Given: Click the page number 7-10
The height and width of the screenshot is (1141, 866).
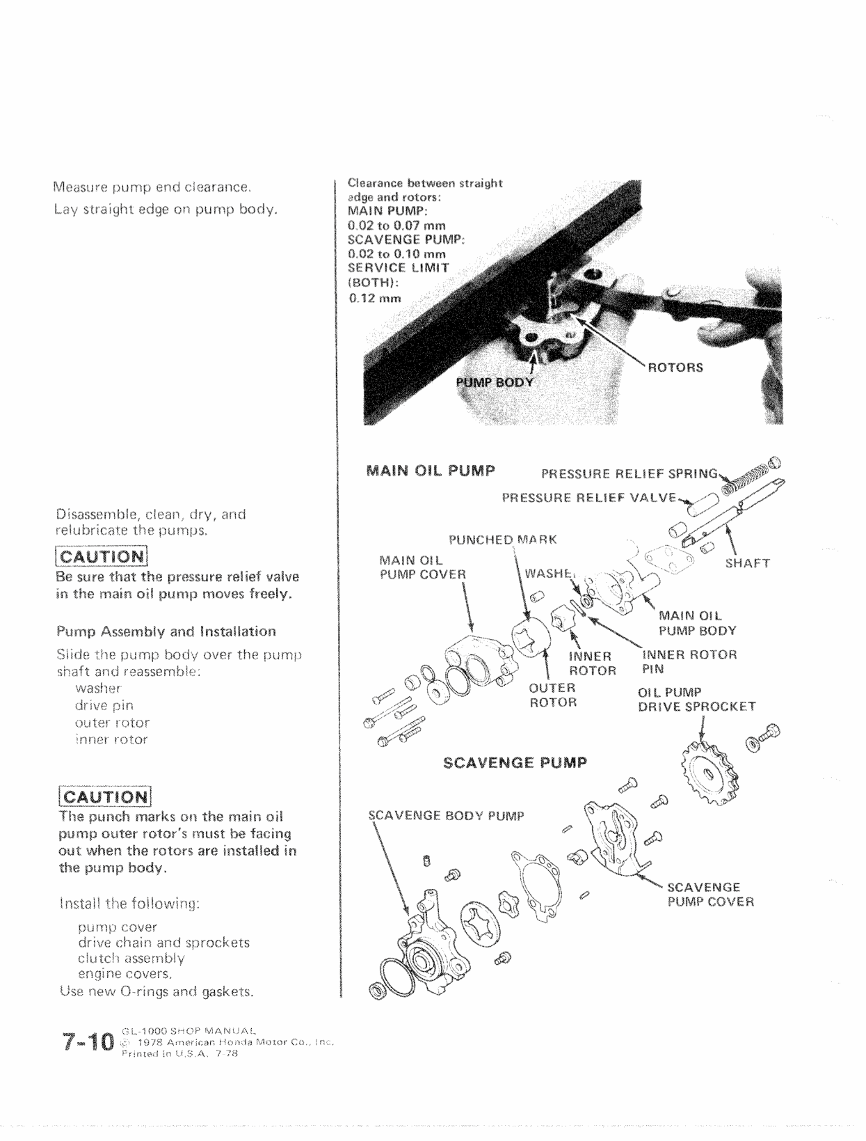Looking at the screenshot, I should pyautogui.click(x=87, y=1042).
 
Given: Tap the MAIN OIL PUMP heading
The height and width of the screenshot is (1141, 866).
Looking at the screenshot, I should pyautogui.click(x=430, y=471).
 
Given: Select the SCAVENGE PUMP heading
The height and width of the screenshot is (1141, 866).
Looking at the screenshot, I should pyautogui.click(x=515, y=762).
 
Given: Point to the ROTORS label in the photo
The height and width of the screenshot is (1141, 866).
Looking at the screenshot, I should pyautogui.click(x=675, y=368).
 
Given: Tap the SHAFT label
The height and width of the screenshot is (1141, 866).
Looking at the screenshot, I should pyautogui.click(x=747, y=563).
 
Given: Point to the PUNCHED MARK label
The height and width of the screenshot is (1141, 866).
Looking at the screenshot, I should pyautogui.click(x=503, y=540).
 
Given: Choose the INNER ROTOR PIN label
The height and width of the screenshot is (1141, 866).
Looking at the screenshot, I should pyautogui.click(x=689, y=661).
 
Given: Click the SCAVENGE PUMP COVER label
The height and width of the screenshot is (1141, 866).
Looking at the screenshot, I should pyautogui.click(x=710, y=895).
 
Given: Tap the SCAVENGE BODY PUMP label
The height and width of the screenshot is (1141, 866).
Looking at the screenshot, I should pyautogui.click(x=445, y=815).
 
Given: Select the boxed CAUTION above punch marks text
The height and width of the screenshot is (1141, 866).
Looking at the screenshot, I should pyautogui.click(x=104, y=796).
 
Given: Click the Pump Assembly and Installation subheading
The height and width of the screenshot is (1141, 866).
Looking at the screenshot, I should pyautogui.click(x=166, y=631).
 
